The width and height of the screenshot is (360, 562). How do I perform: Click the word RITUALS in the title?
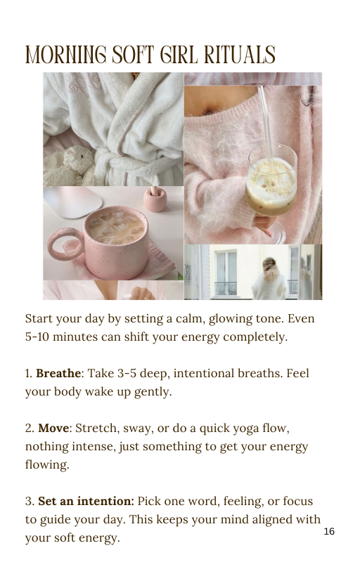click(240, 55)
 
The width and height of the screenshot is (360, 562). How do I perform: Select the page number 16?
click(329, 531)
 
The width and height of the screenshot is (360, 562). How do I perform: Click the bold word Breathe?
click(58, 373)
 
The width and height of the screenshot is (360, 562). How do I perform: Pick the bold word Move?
click(53, 428)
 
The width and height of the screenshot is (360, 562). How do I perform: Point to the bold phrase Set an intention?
click(86, 501)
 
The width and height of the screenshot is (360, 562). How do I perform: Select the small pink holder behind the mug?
click(155, 199)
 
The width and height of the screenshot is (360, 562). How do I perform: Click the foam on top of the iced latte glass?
click(271, 178)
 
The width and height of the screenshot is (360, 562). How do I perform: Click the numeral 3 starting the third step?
click(28, 501)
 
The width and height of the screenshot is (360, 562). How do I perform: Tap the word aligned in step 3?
click(271, 520)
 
